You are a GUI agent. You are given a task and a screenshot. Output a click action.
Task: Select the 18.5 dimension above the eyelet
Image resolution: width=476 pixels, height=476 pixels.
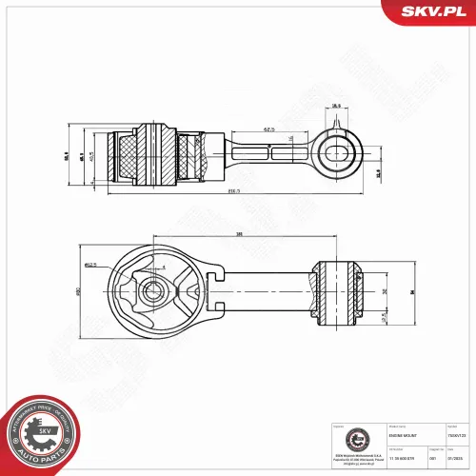[336, 107]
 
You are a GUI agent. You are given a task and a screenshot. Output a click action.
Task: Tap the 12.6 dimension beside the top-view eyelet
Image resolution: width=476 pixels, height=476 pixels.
[378, 173]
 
